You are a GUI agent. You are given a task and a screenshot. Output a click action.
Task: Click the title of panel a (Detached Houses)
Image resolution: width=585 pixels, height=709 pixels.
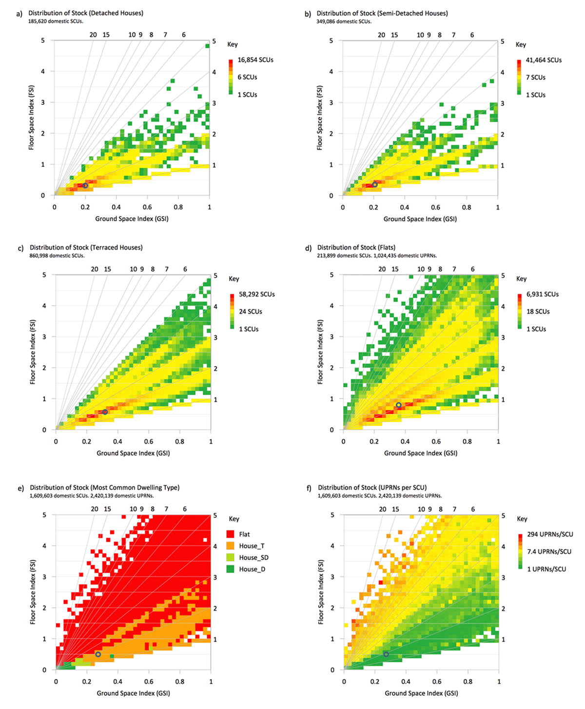click(x=86, y=13)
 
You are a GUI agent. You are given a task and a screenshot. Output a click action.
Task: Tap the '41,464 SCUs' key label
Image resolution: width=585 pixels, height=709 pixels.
click(x=544, y=60)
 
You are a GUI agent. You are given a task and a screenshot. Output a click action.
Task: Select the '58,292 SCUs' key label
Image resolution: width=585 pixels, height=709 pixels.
click(x=256, y=295)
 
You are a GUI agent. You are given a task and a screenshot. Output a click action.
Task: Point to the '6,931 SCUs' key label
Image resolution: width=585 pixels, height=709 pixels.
click(x=542, y=295)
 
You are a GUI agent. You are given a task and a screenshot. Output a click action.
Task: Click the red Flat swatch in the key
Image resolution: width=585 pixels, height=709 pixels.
click(x=231, y=534)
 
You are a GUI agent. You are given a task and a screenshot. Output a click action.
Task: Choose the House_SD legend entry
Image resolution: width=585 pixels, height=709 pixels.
click(x=253, y=557)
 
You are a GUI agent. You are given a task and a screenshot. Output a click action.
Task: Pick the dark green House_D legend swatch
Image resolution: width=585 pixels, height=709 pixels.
click(x=231, y=569)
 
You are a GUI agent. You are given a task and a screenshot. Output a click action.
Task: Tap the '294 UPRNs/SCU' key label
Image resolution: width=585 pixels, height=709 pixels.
click(x=550, y=534)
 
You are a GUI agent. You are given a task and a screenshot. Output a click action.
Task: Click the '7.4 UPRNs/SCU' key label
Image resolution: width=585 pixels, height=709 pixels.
click(x=549, y=551)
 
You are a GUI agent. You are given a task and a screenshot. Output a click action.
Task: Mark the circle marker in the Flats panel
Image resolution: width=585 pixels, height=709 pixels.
click(x=399, y=405)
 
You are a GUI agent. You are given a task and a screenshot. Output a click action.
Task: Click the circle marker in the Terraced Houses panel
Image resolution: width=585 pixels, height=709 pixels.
click(x=105, y=412)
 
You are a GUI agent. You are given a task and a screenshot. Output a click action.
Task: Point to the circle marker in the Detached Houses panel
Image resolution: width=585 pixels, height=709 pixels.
click(x=85, y=186)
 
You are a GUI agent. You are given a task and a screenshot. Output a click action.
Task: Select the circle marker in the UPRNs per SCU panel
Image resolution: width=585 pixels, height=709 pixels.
click(x=386, y=654)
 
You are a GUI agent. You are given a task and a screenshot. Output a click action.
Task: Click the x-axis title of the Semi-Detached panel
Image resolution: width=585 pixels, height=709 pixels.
click(x=420, y=219)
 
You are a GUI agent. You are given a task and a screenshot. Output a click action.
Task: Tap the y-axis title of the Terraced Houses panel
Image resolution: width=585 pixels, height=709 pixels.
click(x=33, y=352)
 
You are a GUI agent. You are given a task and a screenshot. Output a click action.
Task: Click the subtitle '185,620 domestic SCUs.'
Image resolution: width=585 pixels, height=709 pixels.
click(x=56, y=21)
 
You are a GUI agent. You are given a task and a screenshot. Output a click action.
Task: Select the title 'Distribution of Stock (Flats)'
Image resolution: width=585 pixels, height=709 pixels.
click(x=356, y=248)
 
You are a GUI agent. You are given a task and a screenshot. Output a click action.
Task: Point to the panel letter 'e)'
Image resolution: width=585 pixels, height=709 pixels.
click(x=20, y=488)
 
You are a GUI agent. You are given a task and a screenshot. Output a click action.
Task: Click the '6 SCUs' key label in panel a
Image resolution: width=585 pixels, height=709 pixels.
click(x=247, y=77)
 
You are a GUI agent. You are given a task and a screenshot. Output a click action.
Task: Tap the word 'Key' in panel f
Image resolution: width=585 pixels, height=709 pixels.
click(x=522, y=519)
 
